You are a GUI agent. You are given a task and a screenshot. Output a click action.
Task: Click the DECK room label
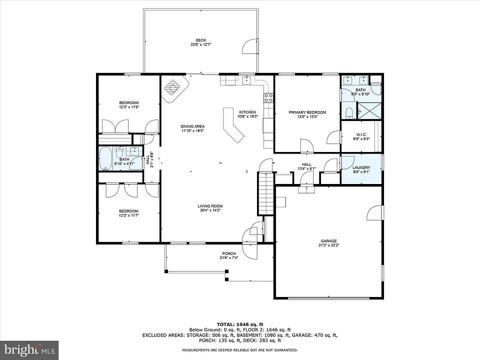click(201, 40)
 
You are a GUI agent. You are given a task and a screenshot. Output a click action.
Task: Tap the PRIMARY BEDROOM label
click(307, 112)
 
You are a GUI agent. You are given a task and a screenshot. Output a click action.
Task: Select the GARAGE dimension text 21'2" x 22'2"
click(329, 245)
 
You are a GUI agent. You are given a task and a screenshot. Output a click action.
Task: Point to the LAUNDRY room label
click(361, 168)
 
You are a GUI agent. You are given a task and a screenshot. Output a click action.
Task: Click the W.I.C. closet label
click(361, 134)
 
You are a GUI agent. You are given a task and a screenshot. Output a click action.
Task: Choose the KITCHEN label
click(247, 112)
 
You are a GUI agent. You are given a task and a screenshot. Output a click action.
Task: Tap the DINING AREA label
click(192, 126)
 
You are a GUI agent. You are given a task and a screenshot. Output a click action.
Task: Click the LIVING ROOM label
click(210, 206)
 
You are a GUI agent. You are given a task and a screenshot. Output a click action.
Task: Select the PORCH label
click(229, 253)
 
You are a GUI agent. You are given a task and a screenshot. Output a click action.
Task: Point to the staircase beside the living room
click(265, 193)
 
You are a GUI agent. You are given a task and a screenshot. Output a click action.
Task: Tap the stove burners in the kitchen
click(269, 97)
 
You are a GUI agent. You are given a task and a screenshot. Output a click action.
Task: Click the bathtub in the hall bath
click(106, 159)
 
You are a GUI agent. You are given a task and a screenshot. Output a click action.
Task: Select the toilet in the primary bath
click(348, 113)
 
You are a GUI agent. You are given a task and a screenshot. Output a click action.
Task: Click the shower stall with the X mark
click(368, 110)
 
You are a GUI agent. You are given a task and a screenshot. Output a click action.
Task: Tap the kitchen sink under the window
click(246, 80)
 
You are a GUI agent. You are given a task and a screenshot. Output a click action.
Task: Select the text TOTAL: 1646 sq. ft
click(240, 324)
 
